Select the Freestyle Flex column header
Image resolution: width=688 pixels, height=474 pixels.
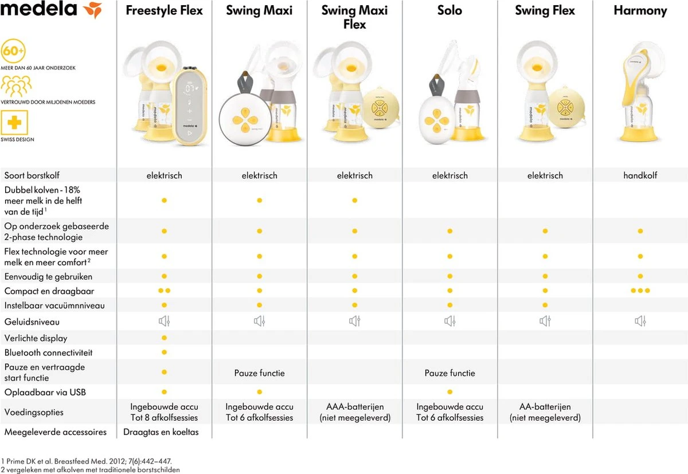pos(164,11)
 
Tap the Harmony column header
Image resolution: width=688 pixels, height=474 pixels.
pos(640,11)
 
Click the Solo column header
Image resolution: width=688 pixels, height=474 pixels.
pos(449,11)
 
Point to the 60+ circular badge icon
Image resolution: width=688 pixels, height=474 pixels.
pos(14,51)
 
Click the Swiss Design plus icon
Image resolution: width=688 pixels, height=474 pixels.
pos(14,123)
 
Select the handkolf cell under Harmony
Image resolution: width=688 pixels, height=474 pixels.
pos(640,175)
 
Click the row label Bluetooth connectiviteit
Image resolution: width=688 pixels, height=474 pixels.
pos(48,352)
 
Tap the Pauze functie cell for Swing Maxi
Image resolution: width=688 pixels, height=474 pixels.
pos(259,373)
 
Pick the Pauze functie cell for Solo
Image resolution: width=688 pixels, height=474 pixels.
pos(449,373)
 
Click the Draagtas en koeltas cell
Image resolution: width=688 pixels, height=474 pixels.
pos(161,432)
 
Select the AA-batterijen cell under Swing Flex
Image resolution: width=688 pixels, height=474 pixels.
pos(545,412)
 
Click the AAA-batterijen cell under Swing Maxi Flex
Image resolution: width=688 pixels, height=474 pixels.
pos(354,412)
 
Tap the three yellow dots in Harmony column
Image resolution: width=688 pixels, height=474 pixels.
pos(640,291)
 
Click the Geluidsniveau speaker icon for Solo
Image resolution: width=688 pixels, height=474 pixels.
pos(449,322)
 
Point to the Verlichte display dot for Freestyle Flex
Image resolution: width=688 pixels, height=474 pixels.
pos(164,338)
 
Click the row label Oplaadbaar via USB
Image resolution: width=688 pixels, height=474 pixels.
pos(45,393)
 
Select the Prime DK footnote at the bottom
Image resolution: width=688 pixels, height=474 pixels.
pos(86,460)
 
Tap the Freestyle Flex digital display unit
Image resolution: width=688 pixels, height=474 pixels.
pos(189,106)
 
